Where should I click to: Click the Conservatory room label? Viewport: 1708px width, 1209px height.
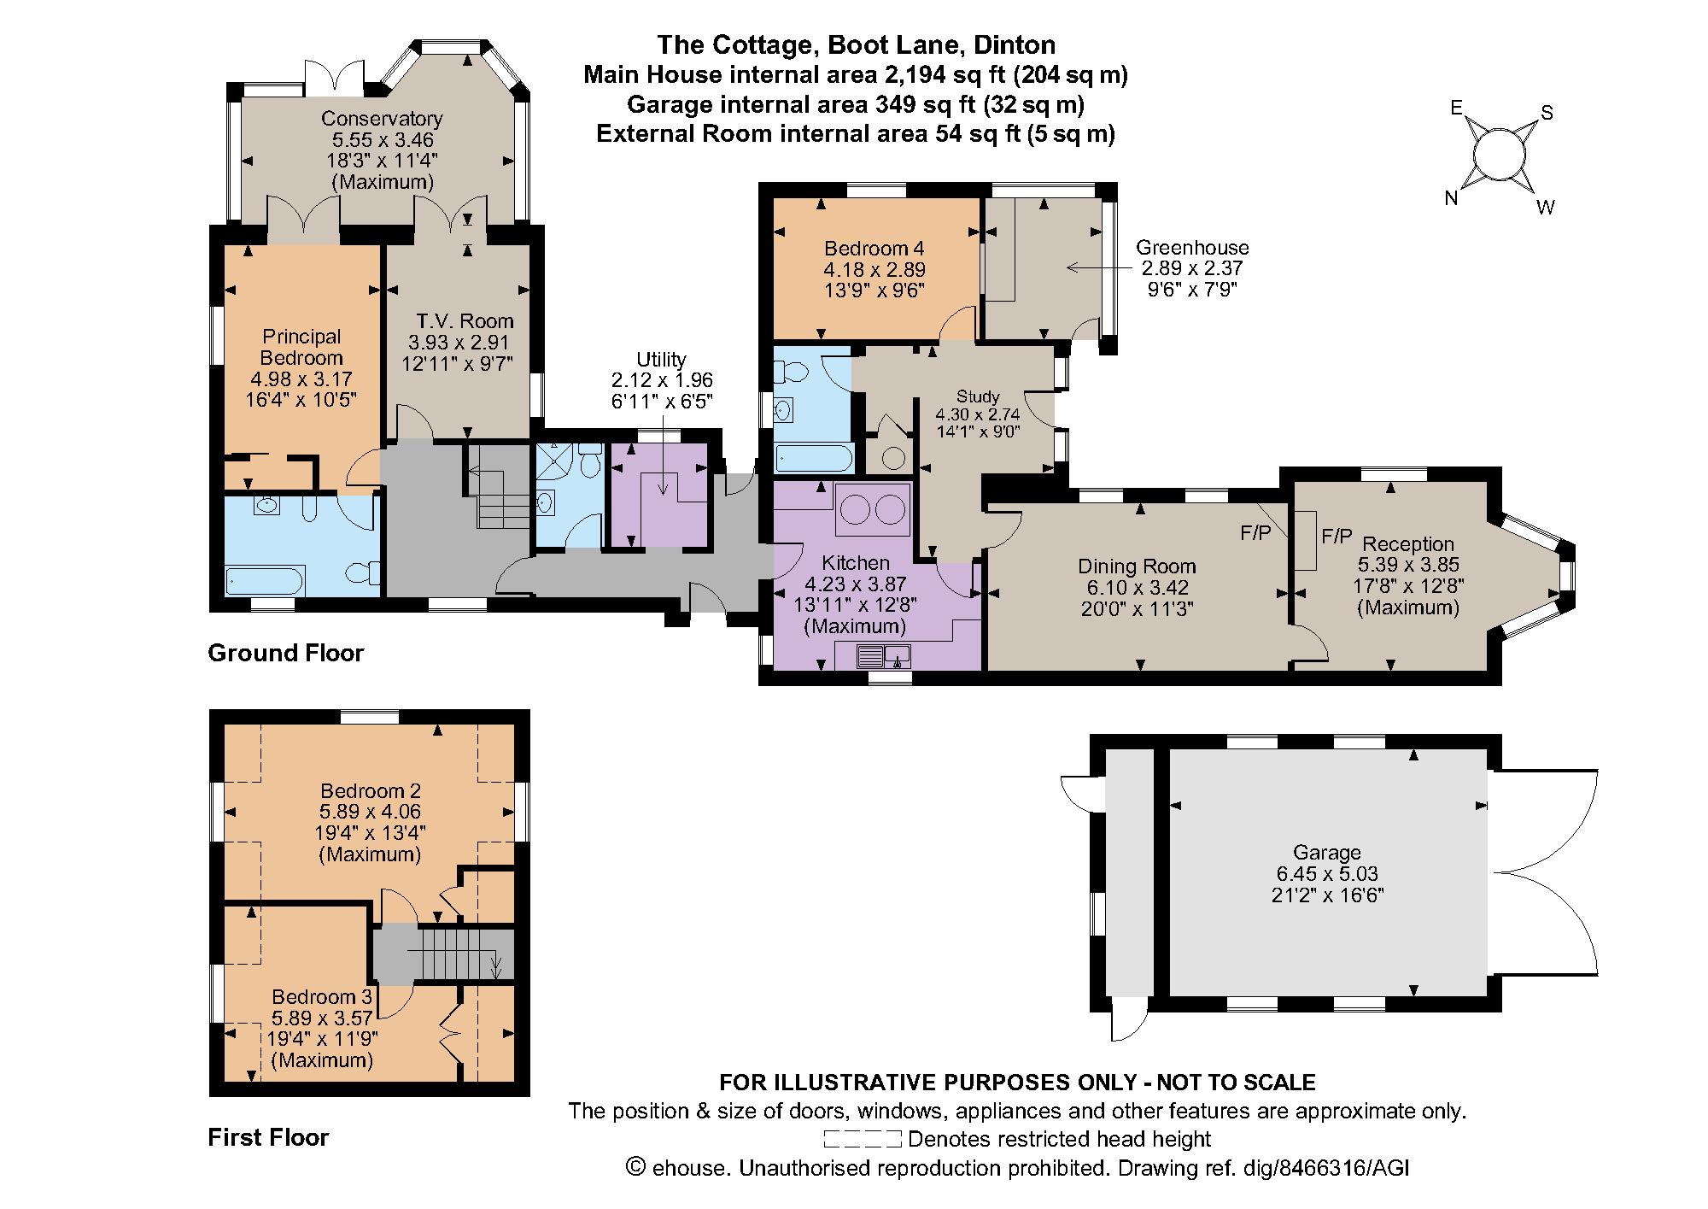pos(382,119)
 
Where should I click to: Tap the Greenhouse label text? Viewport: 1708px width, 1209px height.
pos(1192,248)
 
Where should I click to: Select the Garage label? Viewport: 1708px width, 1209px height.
pos(1326,852)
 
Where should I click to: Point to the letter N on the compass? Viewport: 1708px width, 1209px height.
pos(1451,198)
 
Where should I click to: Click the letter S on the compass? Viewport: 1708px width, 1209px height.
pos(1546,114)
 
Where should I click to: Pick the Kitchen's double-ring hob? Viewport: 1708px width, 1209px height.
pos(873,510)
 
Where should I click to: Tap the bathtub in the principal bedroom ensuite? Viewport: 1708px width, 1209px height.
pos(265,582)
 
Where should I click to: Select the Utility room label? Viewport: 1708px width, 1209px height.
pos(661,360)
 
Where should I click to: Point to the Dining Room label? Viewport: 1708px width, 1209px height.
pos(1137,566)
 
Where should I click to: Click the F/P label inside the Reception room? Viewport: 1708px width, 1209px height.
pos(1337,536)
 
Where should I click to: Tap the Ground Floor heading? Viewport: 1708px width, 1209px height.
pos(286,654)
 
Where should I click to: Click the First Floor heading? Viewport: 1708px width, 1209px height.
pos(268,1137)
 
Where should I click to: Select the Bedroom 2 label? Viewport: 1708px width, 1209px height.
pos(371,790)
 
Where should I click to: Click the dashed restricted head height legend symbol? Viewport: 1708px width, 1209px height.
pos(863,1139)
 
